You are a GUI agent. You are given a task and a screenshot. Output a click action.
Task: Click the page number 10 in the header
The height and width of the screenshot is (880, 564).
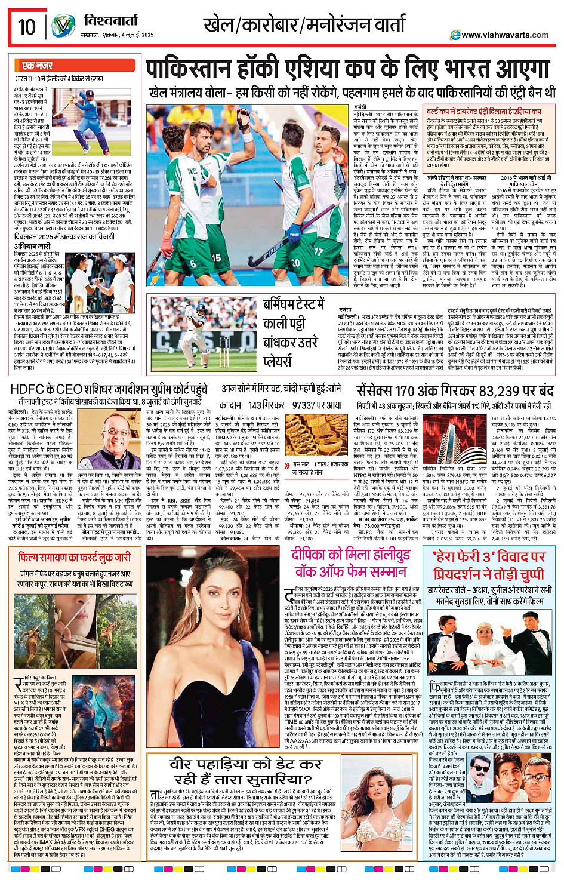pos(27,27)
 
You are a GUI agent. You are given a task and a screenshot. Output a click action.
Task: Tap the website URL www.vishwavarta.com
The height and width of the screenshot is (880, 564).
pos(504,35)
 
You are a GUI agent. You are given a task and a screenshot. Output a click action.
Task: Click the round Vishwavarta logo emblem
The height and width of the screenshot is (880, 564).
pos(63,27)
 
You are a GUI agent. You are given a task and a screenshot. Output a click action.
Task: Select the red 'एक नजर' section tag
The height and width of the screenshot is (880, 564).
pos(38,66)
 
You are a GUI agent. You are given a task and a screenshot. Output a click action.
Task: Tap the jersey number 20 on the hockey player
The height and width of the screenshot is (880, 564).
pos(296,262)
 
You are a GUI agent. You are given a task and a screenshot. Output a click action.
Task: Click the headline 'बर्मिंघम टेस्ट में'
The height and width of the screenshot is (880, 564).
pos(294,304)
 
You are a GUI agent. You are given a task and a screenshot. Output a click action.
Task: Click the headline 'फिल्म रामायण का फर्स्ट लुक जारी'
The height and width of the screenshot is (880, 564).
pos(74,557)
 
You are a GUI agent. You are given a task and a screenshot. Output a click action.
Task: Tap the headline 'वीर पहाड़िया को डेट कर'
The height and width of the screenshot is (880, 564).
pos(245,764)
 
